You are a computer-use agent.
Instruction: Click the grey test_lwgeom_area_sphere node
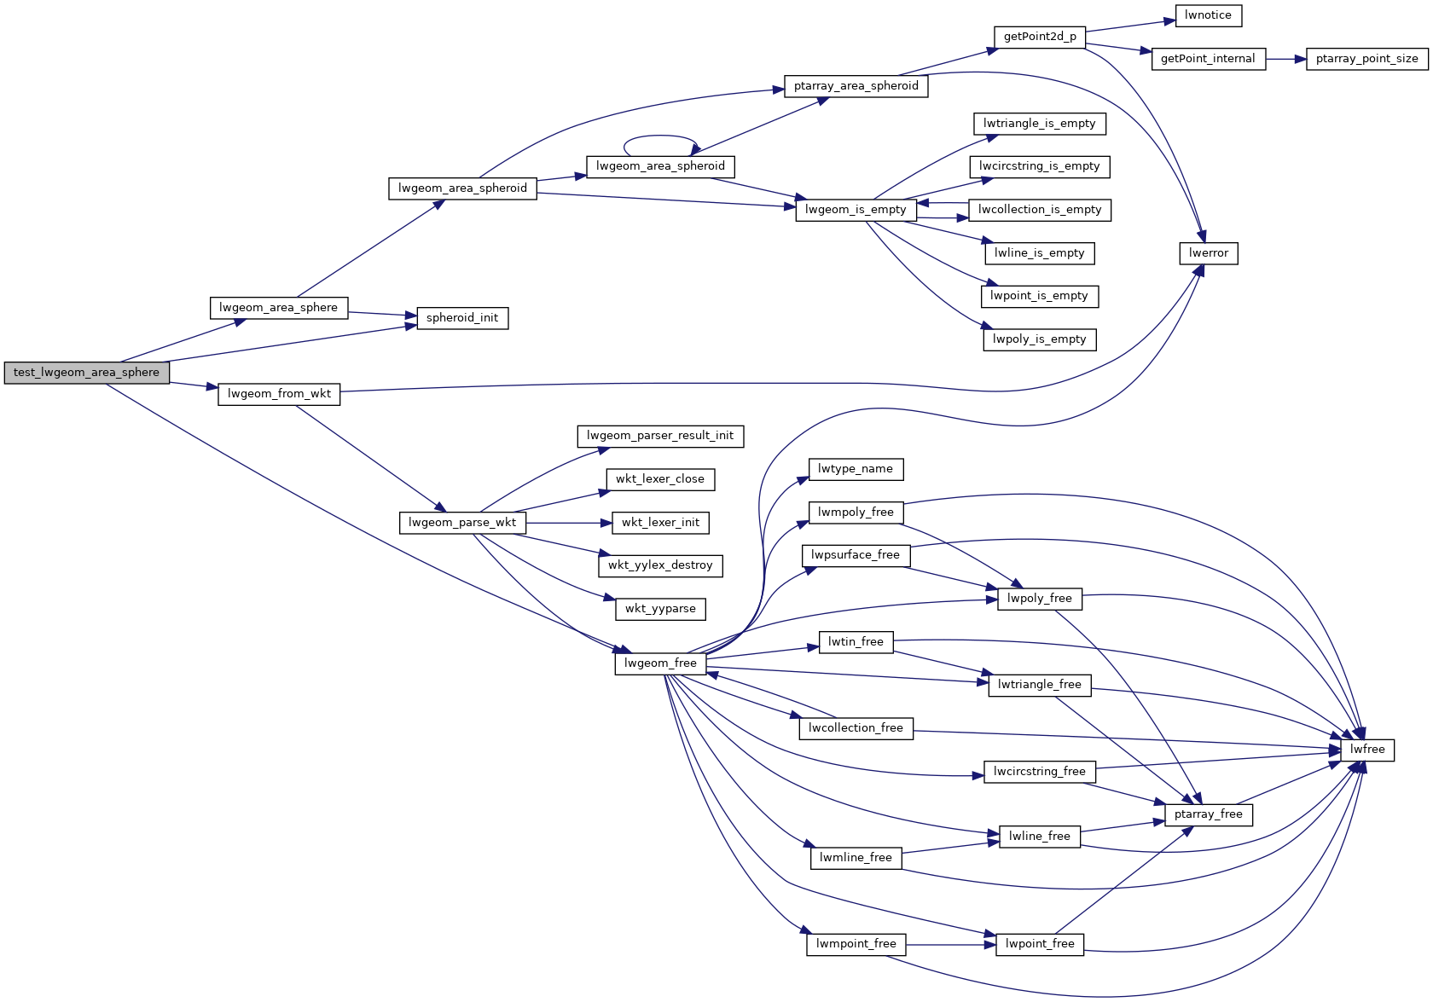click(86, 373)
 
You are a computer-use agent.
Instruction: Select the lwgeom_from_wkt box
click(279, 394)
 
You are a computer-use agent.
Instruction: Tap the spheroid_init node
click(462, 318)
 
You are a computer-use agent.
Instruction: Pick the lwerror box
click(1208, 253)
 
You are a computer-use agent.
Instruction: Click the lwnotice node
click(1208, 15)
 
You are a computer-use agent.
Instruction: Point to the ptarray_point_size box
click(1366, 59)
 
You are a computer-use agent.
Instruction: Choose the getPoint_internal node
click(1208, 59)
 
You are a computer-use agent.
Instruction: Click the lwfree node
click(1367, 750)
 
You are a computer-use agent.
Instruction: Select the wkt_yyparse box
click(660, 609)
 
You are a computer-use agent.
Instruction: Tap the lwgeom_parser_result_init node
click(660, 436)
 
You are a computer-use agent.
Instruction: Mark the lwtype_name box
click(856, 469)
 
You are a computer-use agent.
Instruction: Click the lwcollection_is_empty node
click(1040, 210)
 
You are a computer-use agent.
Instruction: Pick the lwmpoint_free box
click(856, 944)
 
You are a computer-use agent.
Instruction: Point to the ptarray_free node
click(1208, 814)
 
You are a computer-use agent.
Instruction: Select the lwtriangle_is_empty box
click(1039, 124)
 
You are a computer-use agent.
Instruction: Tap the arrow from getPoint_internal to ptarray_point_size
click(1285, 59)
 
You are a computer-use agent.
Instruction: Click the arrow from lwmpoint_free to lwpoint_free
click(950, 944)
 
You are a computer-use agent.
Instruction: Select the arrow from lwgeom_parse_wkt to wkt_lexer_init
click(568, 523)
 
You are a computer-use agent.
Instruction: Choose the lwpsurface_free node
click(856, 555)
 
